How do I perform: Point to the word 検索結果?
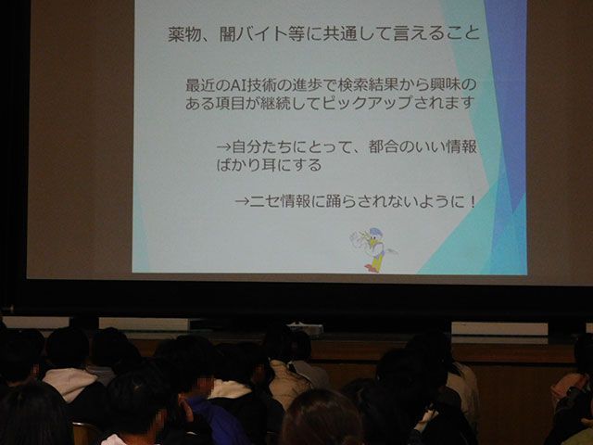click(x=367, y=85)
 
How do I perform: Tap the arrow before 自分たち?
click(x=224, y=146)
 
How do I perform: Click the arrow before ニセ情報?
click(x=243, y=201)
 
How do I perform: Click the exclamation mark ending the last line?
click(x=472, y=201)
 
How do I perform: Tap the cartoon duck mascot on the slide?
click(x=372, y=249)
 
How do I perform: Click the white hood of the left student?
click(x=70, y=383)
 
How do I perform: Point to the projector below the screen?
click(x=306, y=328)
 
